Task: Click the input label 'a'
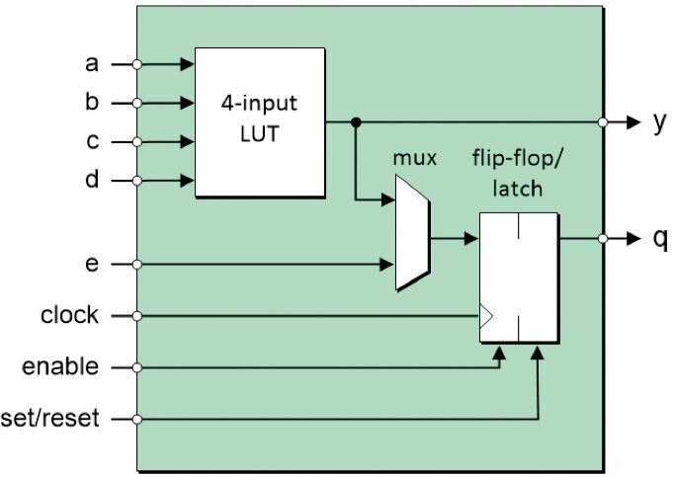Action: pos(92,64)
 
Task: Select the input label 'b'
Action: pos(92,103)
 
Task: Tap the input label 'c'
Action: pos(92,141)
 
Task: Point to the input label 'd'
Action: pos(92,181)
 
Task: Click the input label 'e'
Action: pos(92,265)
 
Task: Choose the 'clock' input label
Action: pos(69,316)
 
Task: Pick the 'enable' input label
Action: pos(61,367)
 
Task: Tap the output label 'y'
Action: pos(659,122)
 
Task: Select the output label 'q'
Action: pos(660,240)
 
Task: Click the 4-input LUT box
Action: pos(260,121)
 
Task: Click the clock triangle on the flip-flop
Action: pos(486,316)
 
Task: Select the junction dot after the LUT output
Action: pos(356,122)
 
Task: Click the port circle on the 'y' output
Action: pos(602,122)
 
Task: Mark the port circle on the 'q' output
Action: pos(602,239)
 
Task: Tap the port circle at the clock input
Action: pos(137,316)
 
